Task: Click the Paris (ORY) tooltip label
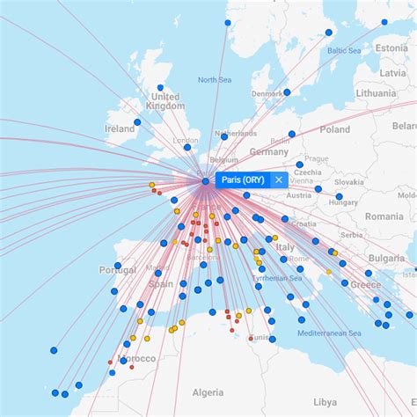click(x=242, y=179)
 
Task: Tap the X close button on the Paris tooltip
click(x=279, y=179)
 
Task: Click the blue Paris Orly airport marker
click(x=205, y=181)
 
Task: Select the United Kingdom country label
click(x=165, y=101)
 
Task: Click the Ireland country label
click(x=121, y=128)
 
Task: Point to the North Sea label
click(x=214, y=80)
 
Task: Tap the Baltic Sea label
click(x=345, y=50)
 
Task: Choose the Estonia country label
click(x=391, y=48)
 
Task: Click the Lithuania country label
click(x=377, y=92)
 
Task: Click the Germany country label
click(x=268, y=150)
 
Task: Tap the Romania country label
click(x=384, y=216)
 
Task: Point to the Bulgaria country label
click(x=387, y=258)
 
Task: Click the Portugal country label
click(x=118, y=270)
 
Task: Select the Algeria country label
click(x=208, y=391)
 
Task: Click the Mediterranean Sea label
click(x=329, y=333)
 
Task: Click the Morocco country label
click(x=137, y=359)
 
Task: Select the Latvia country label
click(x=392, y=73)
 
